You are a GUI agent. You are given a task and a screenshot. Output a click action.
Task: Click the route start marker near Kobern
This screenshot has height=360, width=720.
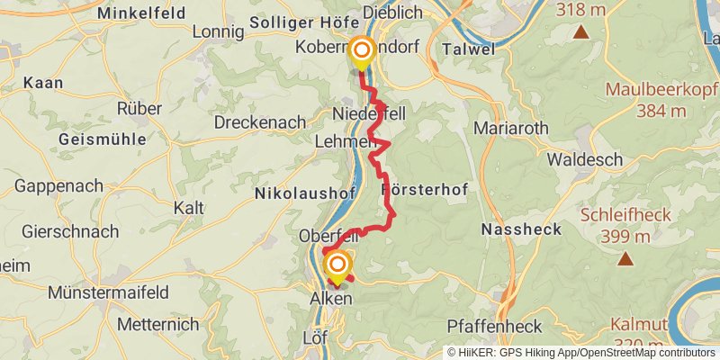[361, 50]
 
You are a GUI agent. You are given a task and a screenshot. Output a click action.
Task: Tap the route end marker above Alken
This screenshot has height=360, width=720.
[337, 265]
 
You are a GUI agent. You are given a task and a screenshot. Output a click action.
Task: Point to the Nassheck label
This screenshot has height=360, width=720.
[521, 229]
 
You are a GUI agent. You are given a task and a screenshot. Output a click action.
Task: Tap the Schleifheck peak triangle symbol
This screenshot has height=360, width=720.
[624, 259]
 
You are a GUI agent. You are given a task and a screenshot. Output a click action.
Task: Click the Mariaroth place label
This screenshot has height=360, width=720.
[510, 128]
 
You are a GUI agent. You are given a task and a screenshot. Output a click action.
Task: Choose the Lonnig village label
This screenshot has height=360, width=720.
[219, 32]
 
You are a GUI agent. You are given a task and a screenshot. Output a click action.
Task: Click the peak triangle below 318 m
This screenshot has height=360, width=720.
[580, 33]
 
